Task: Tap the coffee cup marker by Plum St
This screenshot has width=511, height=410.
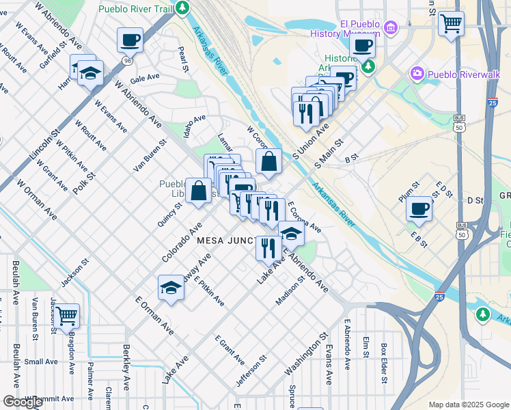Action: pos(419,208)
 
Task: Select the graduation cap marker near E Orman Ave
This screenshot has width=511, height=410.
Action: pos(171,288)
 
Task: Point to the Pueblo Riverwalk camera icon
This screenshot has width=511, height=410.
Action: pos(417,72)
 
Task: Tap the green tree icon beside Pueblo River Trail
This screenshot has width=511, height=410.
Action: pos(182,8)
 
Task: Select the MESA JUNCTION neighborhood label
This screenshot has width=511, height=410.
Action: pos(226,241)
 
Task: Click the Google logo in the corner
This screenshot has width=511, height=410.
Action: pos(23,402)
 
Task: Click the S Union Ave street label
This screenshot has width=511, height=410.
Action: pos(311,139)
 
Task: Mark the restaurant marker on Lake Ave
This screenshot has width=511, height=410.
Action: pos(268,248)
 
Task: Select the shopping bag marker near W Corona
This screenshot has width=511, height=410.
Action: pos(269,162)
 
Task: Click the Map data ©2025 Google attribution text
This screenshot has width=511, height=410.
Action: pos(469,405)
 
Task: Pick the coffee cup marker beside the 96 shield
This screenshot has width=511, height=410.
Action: pos(129,40)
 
